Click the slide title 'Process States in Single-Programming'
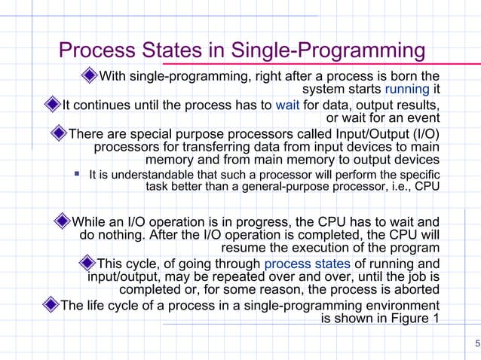tap(242, 51)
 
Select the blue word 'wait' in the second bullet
tap(288, 104)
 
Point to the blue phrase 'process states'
tap(307, 264)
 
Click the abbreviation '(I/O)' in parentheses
tap(423, 133)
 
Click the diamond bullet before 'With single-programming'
tap(90, 75)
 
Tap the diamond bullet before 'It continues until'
tap(51, 104)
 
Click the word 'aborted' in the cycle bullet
tap(415, 290)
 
